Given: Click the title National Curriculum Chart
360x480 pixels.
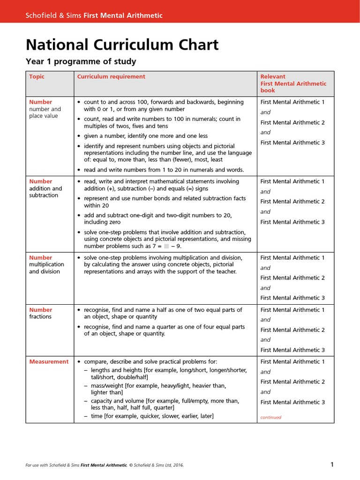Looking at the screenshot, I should [x=122, y=45].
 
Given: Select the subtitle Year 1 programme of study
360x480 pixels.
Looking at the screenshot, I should [x=81, y=61].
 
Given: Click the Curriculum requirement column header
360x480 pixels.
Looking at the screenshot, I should [x=111, y=76].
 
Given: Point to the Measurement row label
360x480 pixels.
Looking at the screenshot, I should [x=49, y=361].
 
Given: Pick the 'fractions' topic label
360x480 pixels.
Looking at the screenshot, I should [x=40, y=316].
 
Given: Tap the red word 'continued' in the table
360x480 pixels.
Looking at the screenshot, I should [x=271, y=417].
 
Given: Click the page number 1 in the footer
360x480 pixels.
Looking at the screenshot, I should [x=332, y=465].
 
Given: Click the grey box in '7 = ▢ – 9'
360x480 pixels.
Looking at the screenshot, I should [x=166, y=246].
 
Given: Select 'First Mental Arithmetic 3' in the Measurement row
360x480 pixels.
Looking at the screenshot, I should [x=292, y=402].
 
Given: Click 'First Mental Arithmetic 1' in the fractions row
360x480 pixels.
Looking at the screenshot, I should [x=292, y=309].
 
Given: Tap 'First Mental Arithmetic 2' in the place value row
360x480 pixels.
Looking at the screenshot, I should [x=292, y=122].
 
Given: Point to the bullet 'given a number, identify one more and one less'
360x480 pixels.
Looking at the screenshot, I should [x=145, y=136].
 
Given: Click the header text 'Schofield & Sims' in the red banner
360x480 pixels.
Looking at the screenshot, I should [x=53, y=15].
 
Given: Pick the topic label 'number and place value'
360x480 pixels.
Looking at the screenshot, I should [x=45, y=112].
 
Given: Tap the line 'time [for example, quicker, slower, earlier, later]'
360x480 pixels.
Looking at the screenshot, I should [x=152, y=416].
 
